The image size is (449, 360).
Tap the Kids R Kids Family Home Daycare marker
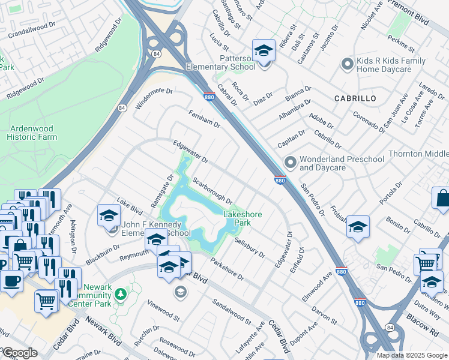coord(346,64)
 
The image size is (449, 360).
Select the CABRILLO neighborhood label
coord(355,98)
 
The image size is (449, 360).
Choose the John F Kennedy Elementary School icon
coord(109,216)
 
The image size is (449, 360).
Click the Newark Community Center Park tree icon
coord(121,293)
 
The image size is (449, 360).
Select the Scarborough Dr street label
coord(212,190)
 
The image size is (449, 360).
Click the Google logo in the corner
coord(20,353)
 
